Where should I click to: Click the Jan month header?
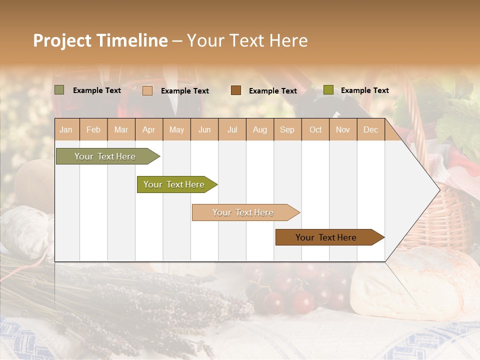coord(66,129)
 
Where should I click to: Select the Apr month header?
coord(149,129)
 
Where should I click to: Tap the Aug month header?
coord(260,129)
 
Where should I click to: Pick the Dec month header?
coord(370,129)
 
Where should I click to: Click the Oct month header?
coord(315,129)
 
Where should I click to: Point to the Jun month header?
coord(204,129)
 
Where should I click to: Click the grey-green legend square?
coord(59,90)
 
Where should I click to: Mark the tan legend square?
coord(147,90)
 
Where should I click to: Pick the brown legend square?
coord(235,90)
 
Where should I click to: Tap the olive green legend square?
coord(328,90)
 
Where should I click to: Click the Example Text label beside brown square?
coord(272,90)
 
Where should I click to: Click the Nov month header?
coord(343,129)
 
